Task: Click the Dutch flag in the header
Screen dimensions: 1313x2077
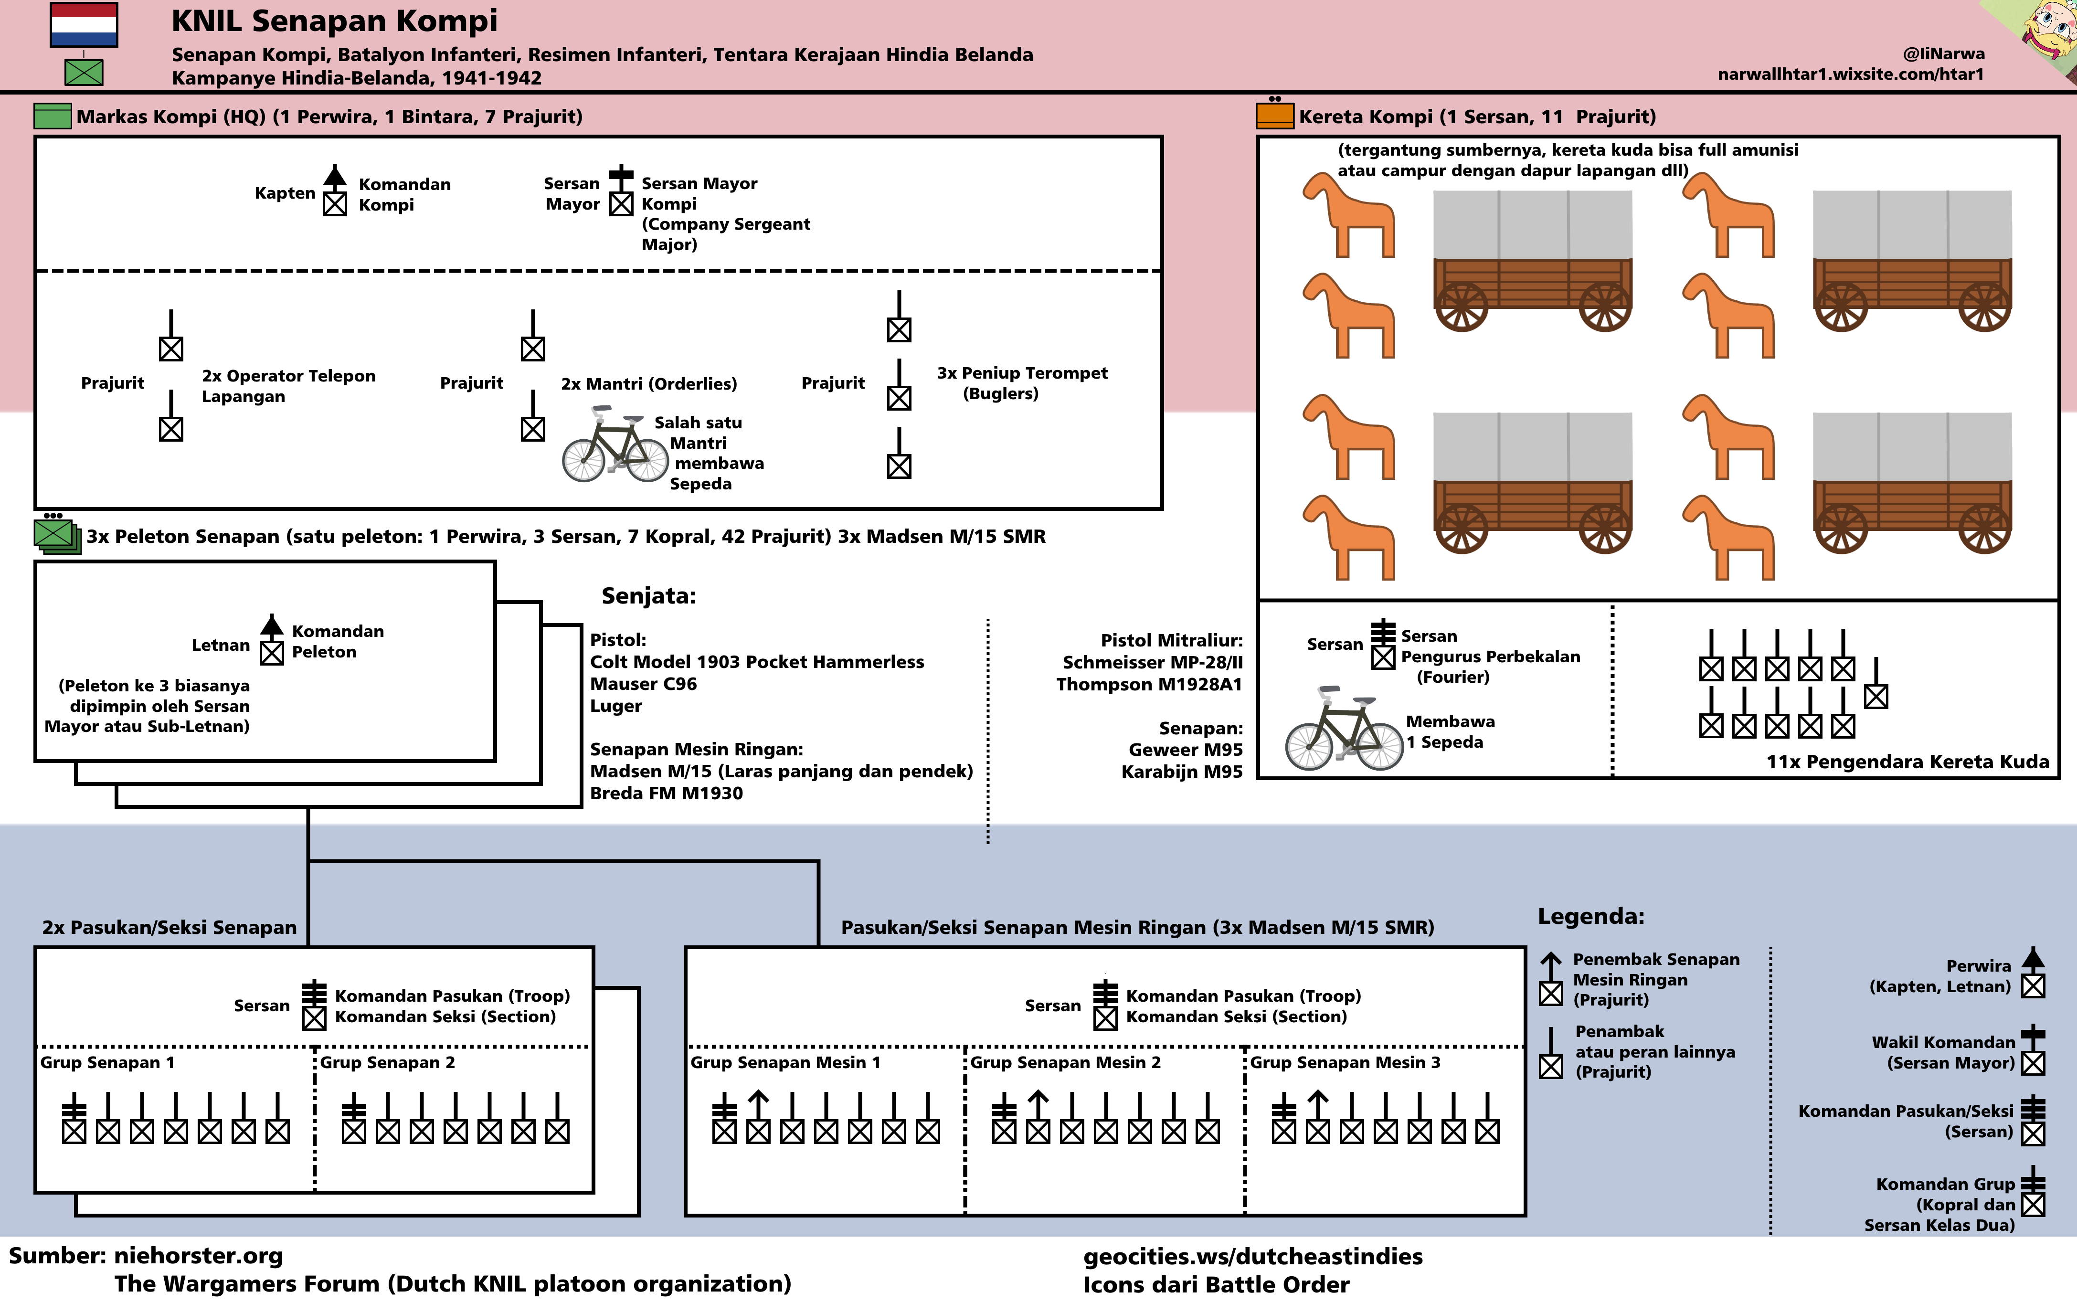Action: pyautogui.click(x=84, y=25)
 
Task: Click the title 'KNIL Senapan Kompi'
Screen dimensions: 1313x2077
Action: pyautogui.click(x=335, y=20)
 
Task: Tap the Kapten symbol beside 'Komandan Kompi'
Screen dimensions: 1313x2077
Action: pyautogui.click(x=335, y=191)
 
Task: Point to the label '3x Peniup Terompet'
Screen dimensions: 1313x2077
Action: pyautogui.click(x=1022, y=373)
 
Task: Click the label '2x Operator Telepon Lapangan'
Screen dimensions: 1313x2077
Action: pyautogui.click(x=288, y=386)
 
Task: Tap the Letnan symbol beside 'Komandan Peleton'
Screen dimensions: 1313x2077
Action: pyautogui.click(x=272, y=640)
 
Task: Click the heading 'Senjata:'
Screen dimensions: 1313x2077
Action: pyautogui.click(x=648, y=595)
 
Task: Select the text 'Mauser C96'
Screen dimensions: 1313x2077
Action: pyautogui.click(x=644, y=683)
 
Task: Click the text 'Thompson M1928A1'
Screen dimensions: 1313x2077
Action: pyautogui.click(x=1149, y=684)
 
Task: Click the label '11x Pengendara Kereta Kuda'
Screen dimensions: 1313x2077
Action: pyautogui.click(x=1907, y=762)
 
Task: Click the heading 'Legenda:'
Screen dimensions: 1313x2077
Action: pyautogui.click(x=1590, y=916)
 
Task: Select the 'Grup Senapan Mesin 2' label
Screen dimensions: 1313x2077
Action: pyautogui.click(x=1065, y=1062)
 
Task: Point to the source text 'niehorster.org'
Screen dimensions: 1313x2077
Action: pyautogui.click(x=198, y=1255)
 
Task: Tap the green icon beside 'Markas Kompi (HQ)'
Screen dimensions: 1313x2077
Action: pyautogui.click(x=52, y=116)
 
